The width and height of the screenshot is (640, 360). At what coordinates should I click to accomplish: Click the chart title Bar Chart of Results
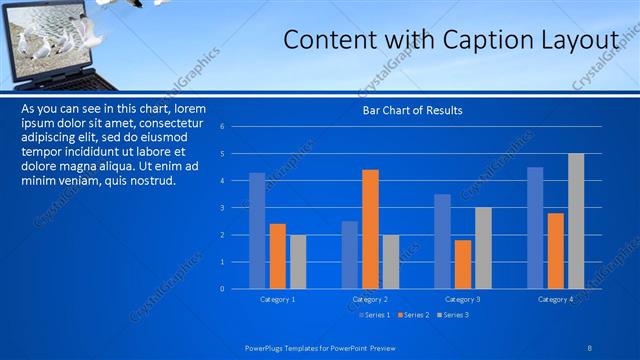pos(412,110)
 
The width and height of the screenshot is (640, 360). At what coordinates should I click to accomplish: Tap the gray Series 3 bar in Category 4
pos(576,220)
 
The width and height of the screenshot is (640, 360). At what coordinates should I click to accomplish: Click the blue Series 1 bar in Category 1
pos(257,230)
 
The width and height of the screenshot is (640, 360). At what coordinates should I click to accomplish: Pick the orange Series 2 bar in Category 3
pos(463,263)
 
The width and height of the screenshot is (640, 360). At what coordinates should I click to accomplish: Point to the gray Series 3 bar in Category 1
pos(297,261)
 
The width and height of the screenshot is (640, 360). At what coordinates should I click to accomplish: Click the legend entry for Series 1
pos(376,315)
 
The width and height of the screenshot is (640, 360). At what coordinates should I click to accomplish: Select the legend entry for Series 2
pos(415,315)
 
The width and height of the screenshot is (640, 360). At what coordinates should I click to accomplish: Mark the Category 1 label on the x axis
pos(277,300)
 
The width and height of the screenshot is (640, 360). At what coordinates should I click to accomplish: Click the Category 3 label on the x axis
pos(463,300)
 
